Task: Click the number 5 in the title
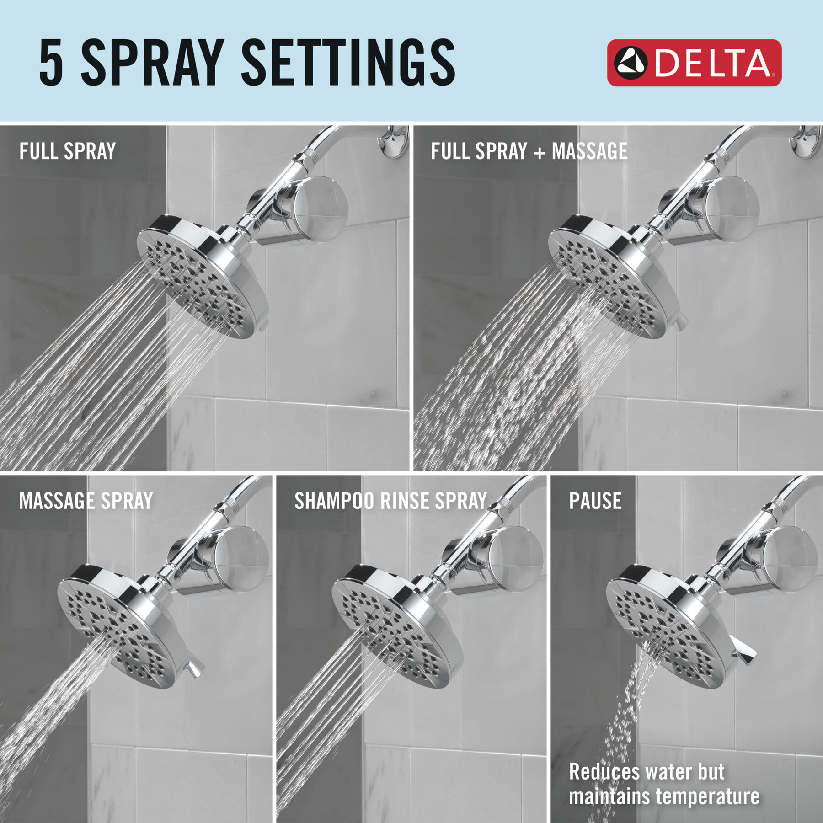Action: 51,63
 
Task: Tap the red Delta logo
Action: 694,63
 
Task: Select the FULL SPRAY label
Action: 67,151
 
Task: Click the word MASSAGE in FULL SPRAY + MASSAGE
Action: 589,151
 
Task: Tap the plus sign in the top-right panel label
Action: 540,153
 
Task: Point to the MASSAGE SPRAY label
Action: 86,501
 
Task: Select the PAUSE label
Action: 595,501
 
